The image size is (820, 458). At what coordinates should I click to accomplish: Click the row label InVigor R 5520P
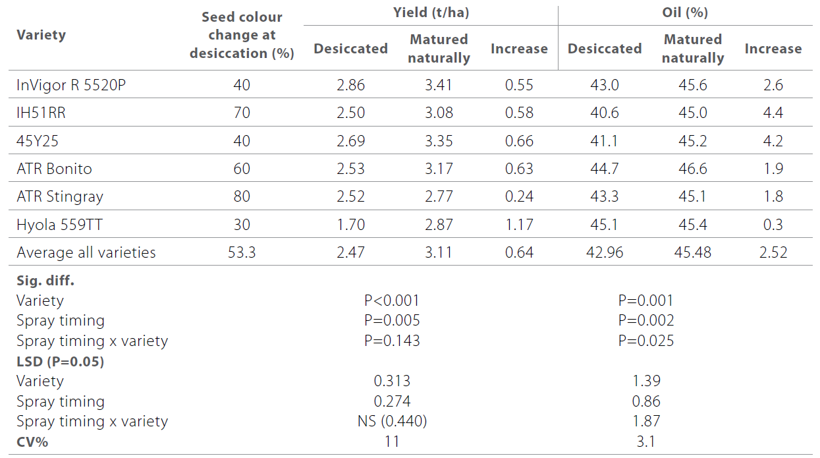(68, 85)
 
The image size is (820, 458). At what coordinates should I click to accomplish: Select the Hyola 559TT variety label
(60, 225)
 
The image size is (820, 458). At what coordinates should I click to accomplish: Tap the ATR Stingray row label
(60, 196)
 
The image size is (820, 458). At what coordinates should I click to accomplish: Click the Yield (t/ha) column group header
(431, 13)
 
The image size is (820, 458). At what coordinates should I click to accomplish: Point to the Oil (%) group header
(685, 13)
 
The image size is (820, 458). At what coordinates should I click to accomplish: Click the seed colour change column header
(242, 35)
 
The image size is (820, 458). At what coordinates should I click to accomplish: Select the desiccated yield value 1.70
(350, 225)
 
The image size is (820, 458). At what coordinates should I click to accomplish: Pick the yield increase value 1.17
(519, 225)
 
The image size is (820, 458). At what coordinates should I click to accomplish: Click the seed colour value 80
(242, 196)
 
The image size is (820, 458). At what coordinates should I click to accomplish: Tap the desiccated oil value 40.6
(604, 113)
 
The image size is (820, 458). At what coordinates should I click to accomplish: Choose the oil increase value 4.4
(773, 113)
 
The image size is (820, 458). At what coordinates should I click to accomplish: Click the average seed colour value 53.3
(242, 252)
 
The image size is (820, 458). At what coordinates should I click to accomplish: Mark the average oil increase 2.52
(773, 252)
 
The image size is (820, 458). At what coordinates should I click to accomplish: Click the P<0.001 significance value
(392, 301)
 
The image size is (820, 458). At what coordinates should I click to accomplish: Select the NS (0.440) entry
(392, 421)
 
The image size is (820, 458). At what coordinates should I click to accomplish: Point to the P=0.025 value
(645, 341)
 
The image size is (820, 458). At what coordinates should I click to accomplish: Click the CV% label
(32, 442)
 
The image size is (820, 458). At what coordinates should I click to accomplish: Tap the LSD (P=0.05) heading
(60, 361)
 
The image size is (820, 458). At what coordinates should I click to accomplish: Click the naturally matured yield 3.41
(439, 85)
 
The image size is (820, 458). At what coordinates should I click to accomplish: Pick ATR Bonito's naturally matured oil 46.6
(692, 169)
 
